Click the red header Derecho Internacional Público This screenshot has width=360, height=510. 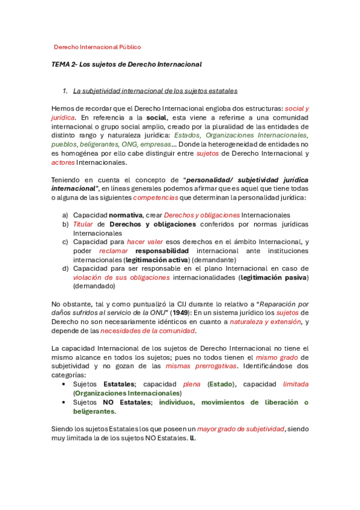[97, 47]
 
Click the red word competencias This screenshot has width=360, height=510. [156, 197]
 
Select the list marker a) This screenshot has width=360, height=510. [65, 215]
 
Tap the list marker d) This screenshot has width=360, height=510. [65, 268]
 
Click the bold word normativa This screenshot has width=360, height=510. [126, 215]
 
